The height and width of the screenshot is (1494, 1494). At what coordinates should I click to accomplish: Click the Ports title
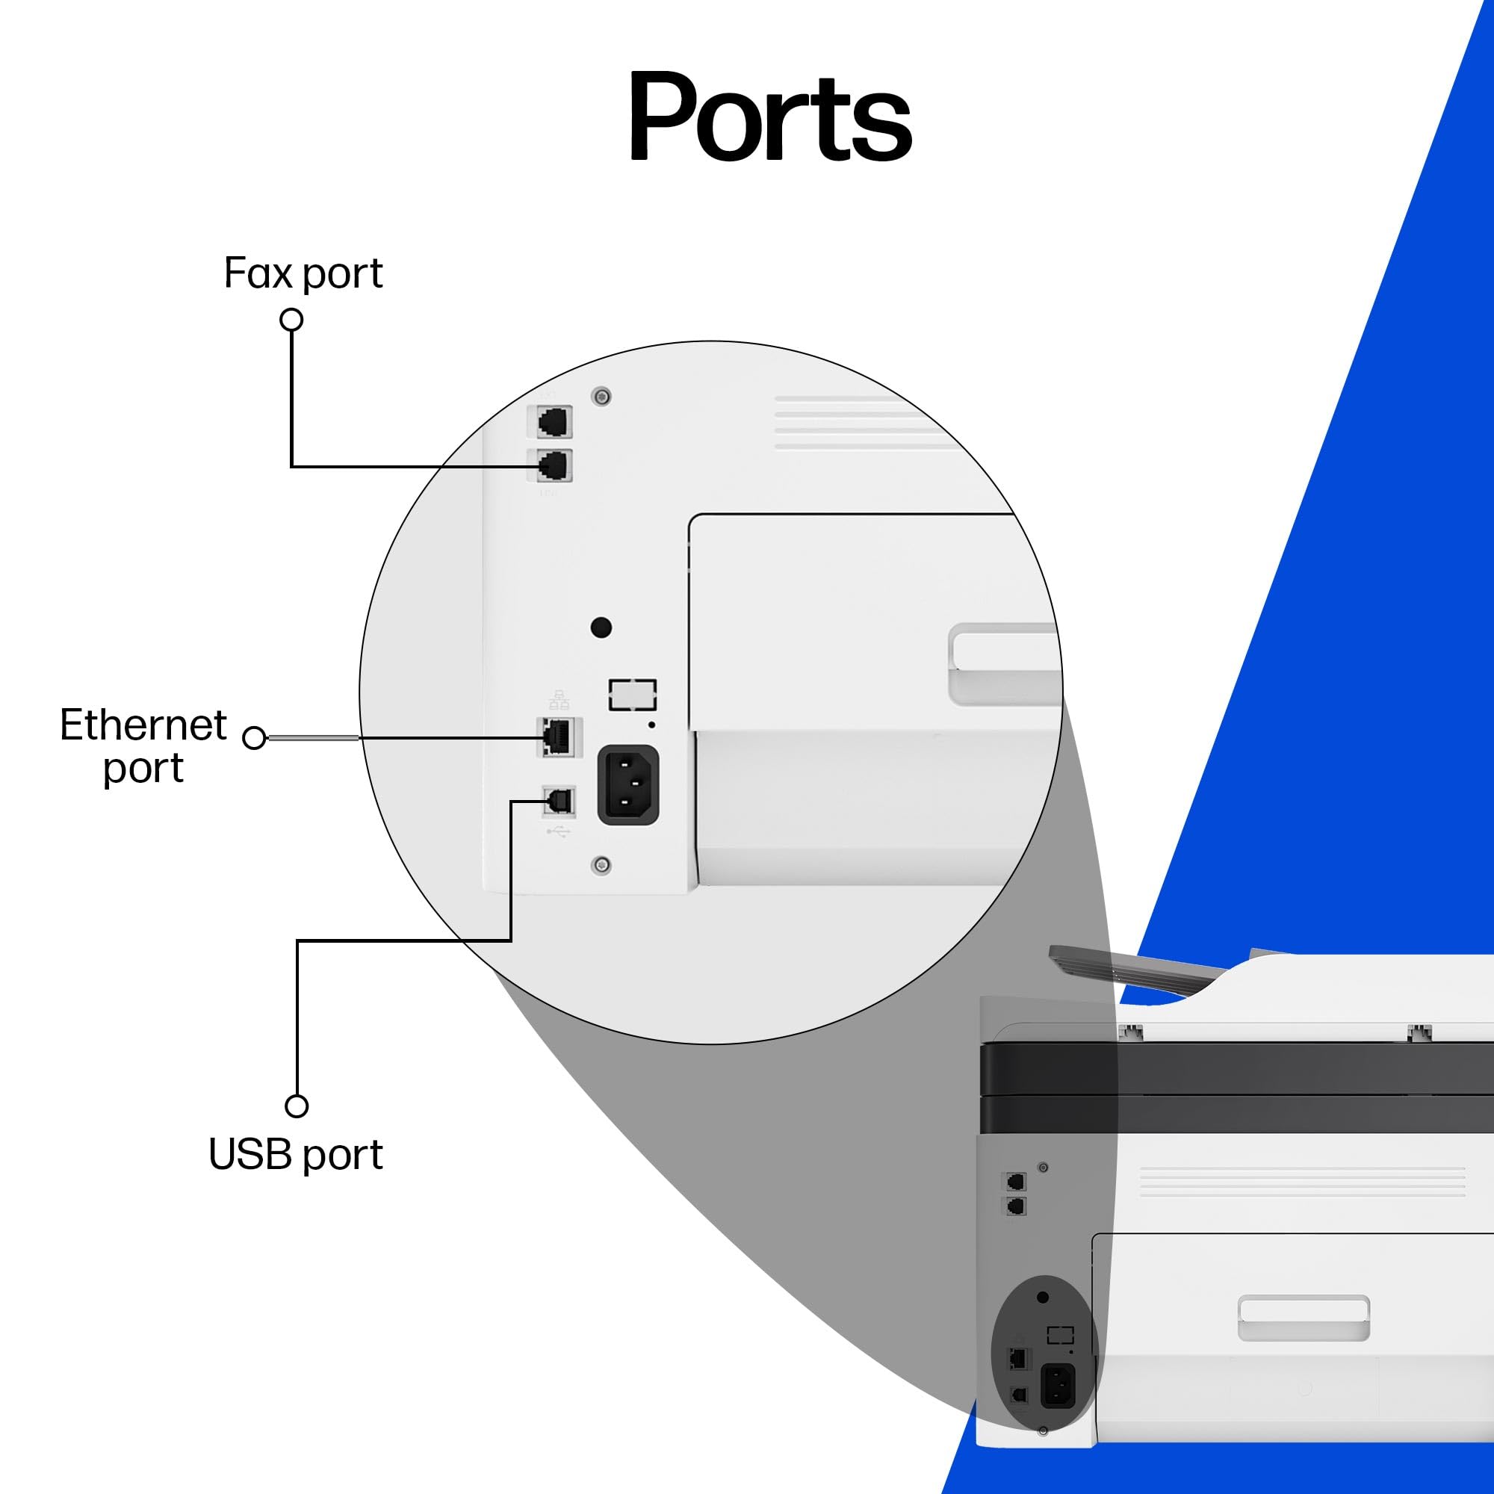pos(770,116)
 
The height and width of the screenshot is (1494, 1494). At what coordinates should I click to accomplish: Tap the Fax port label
pos(303,273)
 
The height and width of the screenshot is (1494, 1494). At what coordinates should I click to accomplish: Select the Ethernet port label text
pos(143,746)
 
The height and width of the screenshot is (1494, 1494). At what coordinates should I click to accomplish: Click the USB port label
pos(295,1154)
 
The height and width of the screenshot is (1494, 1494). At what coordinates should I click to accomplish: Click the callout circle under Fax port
pos(291,320)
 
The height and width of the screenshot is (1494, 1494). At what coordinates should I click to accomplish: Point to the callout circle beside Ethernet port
pos(255,738)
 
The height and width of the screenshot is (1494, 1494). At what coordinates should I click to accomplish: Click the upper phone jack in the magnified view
pos(554,422)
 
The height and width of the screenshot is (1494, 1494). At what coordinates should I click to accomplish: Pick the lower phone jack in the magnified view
pos(554,465)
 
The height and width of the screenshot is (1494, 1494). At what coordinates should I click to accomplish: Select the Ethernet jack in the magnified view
pos(557,737)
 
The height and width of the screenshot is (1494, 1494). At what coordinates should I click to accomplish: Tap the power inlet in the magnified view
pos(628,784)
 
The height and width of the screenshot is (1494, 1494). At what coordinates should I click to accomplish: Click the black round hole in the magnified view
pos(601,627)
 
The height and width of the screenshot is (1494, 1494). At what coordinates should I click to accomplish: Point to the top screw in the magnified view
pos(601,397)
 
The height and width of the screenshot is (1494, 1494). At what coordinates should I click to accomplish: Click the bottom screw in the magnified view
pos(601,864)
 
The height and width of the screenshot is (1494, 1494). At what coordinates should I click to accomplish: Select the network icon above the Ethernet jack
pos(558,700)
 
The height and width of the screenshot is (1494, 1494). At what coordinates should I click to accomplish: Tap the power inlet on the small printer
pos(1058,1385)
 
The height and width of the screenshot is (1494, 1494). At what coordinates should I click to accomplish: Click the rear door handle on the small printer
pos(1303,1318)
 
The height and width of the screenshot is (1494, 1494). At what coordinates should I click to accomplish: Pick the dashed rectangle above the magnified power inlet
pos(633,695)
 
